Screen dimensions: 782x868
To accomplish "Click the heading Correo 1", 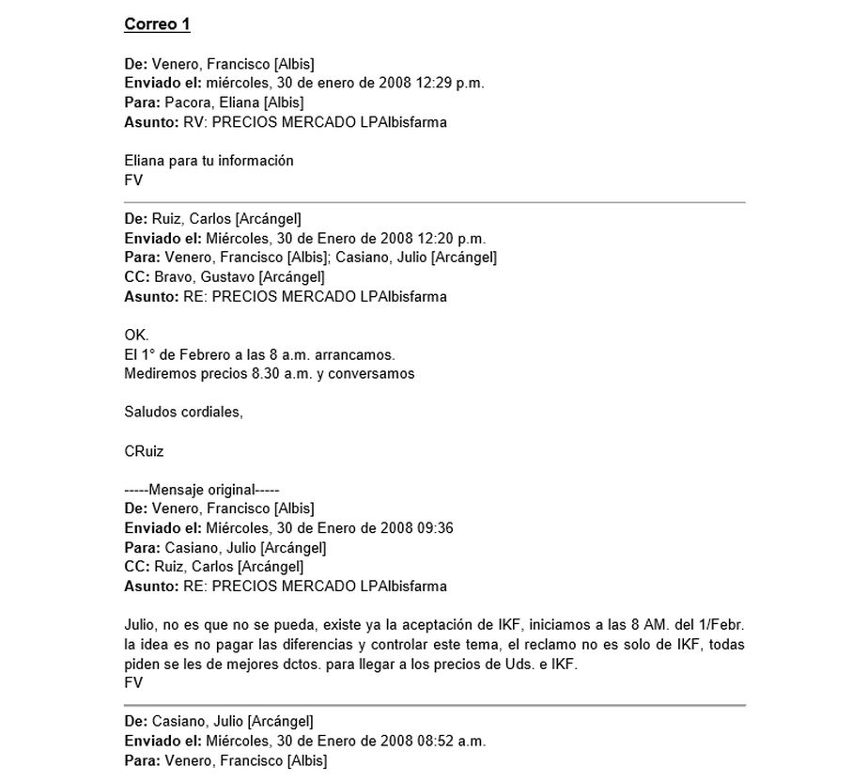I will [157, 24].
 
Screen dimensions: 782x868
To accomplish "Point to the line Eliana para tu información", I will [209, 161].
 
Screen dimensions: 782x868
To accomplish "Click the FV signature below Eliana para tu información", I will [133, 180].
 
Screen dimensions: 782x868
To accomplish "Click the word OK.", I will [136, 336].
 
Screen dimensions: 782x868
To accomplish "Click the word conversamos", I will [374, 374].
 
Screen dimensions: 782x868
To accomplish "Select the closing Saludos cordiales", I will [183, 413].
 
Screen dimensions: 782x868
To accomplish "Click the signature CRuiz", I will [144, 451].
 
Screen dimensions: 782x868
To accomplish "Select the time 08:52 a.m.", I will [451, 741].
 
